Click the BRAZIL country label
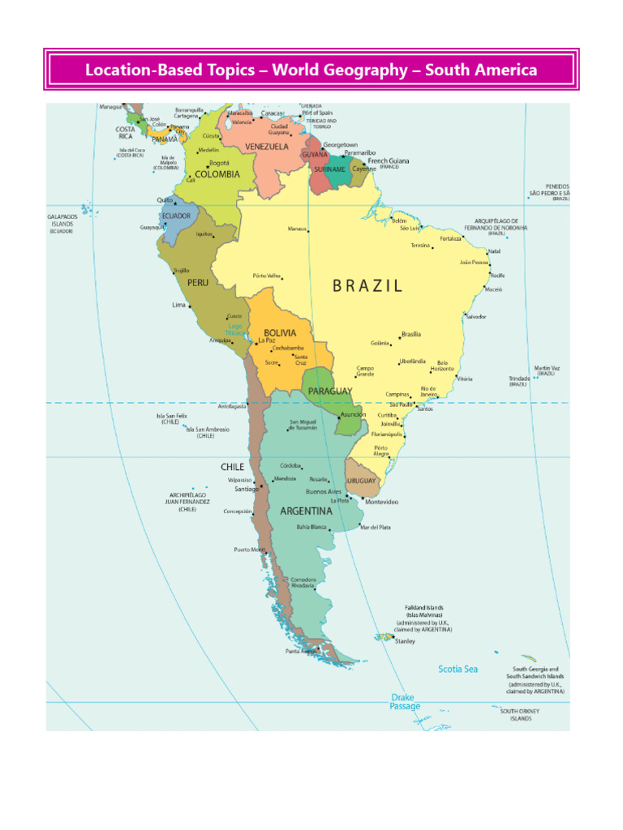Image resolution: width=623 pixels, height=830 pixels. [367, 285]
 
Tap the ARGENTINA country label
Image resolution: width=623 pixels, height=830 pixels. [306, 511]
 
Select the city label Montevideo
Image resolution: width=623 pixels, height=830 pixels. [381, 503]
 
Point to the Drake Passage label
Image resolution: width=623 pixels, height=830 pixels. [405, 702]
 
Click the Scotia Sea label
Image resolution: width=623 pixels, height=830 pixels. [458, 670]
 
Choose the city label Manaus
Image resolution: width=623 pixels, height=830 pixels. [297, 229]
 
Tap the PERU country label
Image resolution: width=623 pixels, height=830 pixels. [198, 283]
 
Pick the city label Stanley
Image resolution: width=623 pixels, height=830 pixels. [405, 641]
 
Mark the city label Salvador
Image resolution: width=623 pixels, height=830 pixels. [475, 316]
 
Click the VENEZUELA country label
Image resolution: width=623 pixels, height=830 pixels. [267, 147]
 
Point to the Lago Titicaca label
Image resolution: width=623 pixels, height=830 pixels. [235, 329]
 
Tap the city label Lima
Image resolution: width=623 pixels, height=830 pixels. [178, 306]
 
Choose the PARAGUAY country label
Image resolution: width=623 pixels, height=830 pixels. [330, 391]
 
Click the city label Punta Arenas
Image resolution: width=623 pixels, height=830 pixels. [300, 652]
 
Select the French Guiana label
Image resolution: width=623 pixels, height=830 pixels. [388, 161]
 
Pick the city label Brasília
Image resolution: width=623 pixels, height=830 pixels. [410, 334]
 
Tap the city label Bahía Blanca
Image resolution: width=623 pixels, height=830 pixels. [311, 527]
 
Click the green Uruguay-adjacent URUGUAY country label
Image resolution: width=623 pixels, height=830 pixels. [361, 481]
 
